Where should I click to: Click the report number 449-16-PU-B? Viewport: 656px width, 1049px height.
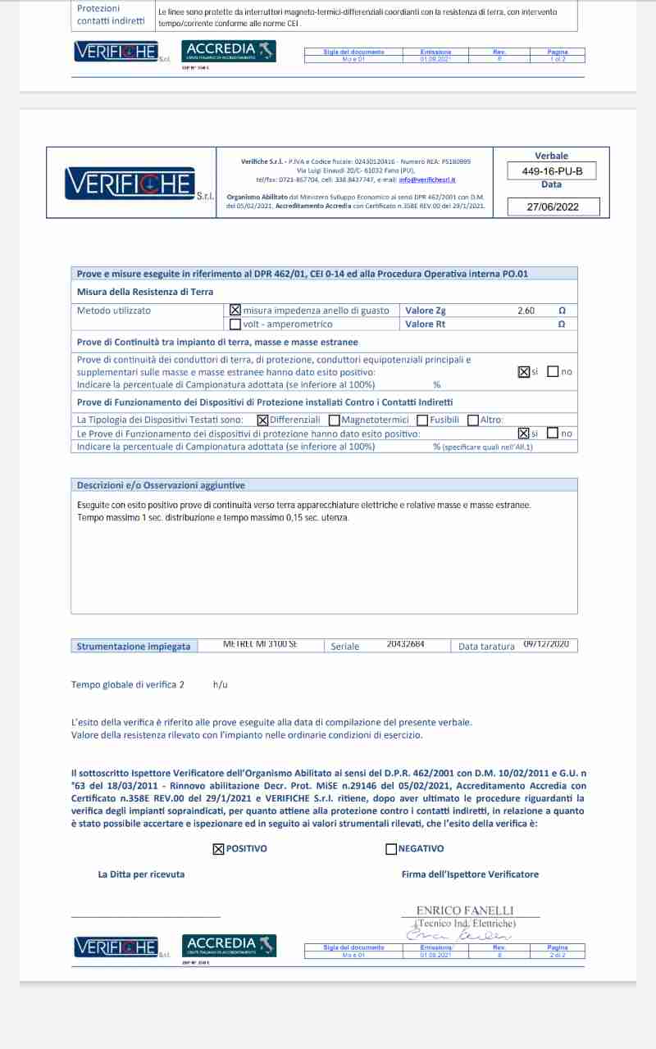552,171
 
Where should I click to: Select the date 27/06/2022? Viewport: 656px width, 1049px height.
552,207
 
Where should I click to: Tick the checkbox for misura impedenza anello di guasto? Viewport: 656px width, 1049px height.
235,311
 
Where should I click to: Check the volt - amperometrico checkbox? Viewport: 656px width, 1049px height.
235,324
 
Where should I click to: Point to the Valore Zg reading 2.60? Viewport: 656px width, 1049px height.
526,311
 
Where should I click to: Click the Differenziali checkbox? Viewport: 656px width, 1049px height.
262,420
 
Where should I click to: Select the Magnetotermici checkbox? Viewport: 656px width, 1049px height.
334,420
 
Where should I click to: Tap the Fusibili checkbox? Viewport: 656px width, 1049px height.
422,420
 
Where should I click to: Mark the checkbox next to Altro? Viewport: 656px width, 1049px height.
473,420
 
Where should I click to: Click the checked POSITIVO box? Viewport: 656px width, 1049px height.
218,849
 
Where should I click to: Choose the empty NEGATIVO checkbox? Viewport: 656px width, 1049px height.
391,849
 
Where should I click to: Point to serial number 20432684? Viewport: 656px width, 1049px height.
405,644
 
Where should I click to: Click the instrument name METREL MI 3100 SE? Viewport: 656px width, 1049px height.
260,644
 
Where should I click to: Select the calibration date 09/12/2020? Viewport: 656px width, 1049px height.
546,644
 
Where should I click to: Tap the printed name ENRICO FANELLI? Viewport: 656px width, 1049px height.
465,910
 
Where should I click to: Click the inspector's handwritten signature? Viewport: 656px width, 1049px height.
459,935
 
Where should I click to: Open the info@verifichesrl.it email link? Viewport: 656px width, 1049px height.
427,179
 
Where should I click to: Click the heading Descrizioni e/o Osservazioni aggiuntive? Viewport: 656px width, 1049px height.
161,485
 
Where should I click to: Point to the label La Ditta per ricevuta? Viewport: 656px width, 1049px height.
141,874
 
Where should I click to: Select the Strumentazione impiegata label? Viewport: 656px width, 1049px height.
134,647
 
